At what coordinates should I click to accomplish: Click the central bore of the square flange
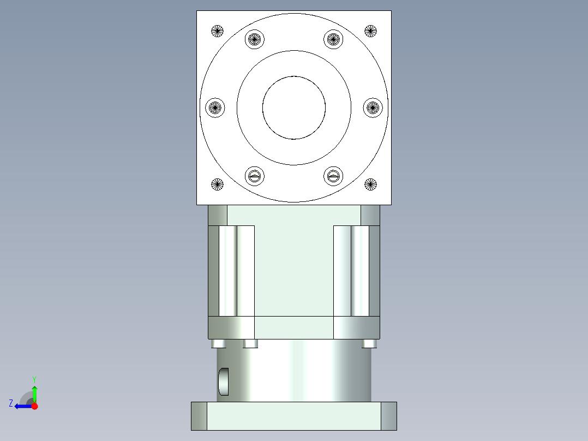[294, 107]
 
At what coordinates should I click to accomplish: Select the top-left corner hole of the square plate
[217, 31]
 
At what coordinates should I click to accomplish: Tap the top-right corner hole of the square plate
[371, 31]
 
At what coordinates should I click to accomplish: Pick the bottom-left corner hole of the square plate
[217, 184]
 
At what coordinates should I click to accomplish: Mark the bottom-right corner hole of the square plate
[371, 184]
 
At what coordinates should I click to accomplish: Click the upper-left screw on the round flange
[255, 39]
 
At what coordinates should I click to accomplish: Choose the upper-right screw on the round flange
[333, 39]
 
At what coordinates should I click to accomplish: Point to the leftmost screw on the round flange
[215, 107]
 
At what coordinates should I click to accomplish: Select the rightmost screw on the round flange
[373, 107]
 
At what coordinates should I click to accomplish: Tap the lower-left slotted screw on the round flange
[255, 176]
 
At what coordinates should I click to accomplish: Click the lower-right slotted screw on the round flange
[333, 176]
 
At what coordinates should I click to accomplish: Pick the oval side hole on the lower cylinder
[224, 382]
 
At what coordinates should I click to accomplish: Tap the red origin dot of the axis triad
[34, 406]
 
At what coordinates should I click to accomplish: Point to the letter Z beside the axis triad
[11, 403]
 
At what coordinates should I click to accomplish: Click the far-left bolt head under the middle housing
[218, 344]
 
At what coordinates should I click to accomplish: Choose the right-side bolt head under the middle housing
[369, 344]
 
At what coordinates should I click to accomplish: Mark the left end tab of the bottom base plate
[199, 416]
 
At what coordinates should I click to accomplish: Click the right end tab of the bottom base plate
[388, 416]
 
